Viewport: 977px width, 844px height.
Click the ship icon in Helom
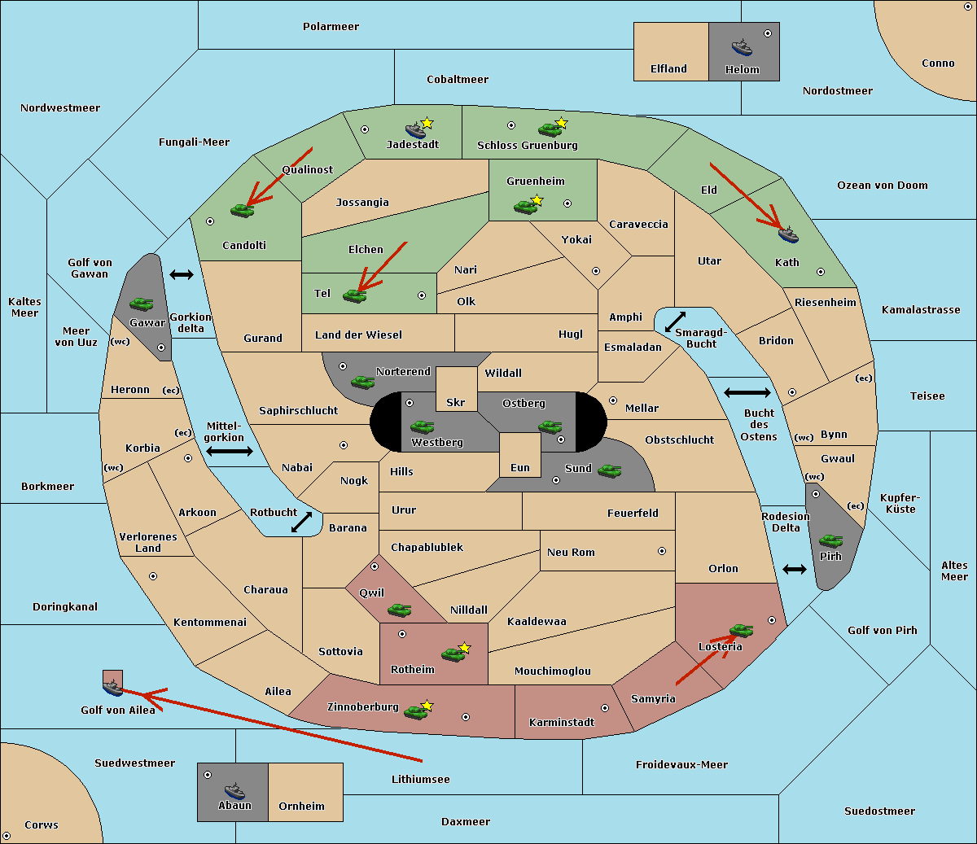click(742, 47)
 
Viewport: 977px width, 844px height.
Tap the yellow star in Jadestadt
click(427, 123)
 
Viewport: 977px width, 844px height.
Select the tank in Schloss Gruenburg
click(550, 129)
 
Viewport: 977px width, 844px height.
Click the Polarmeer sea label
click(331, 27)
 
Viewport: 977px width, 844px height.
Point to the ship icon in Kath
click(788, 235)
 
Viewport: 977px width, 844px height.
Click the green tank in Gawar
click(142, 304)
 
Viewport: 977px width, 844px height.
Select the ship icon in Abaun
click(234, 790)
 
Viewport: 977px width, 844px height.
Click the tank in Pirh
click(830, 540)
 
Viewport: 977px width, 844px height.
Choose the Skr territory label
click(455, 402)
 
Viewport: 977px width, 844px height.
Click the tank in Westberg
click(422, 426)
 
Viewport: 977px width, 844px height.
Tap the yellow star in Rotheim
click(464, 647)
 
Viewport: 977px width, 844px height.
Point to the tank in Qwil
click(399, 610)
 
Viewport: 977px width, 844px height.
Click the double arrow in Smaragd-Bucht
click(675, 321)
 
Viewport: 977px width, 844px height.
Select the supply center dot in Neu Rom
click(662, 551)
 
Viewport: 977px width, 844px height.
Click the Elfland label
click(668, 69)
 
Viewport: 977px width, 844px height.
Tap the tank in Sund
click(609, 471)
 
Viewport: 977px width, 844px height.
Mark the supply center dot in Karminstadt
click(605, 708)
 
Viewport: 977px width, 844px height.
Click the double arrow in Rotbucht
click(301, 522)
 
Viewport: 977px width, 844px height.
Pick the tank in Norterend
click(362, 382)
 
